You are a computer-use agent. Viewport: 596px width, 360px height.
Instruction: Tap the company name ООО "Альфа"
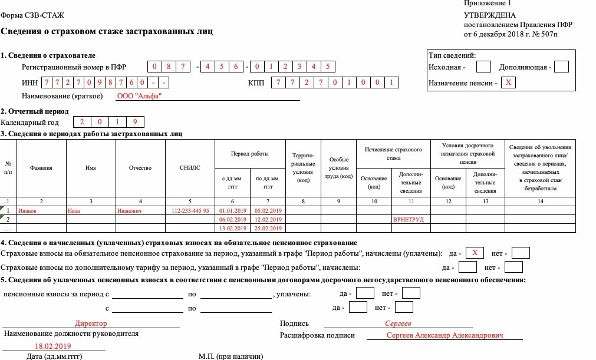139,96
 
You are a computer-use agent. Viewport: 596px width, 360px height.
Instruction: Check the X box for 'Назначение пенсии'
508,83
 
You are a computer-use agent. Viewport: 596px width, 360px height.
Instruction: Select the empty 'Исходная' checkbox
483,67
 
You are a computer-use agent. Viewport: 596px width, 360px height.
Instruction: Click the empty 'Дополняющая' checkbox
561,67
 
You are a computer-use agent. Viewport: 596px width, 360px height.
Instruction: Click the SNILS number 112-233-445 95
190,210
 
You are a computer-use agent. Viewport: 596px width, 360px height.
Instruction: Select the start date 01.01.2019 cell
232,210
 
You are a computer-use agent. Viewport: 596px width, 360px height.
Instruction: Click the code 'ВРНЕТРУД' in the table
409,220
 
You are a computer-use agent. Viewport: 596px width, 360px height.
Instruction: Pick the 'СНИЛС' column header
190,168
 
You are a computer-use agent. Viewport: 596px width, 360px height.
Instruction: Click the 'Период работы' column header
250,154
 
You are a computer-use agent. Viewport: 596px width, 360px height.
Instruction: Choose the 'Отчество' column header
140,168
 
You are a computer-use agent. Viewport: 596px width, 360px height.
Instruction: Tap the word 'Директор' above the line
91,323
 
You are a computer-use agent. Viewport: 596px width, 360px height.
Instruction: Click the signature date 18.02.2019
52,346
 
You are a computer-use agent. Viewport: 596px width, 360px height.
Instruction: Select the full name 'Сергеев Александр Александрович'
445,335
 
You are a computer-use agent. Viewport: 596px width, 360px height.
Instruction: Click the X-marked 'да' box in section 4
474,253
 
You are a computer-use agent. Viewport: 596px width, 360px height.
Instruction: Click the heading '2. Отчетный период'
35,111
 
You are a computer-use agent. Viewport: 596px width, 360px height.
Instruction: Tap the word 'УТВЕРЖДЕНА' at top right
489,15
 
